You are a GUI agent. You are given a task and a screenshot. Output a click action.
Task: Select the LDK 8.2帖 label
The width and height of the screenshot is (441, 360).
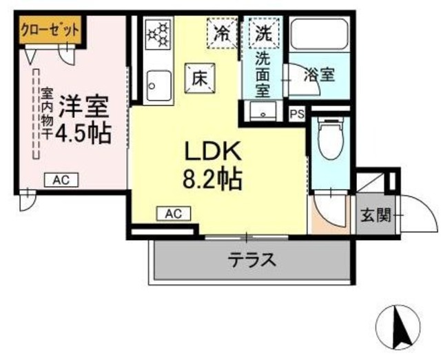[x=212, y=165]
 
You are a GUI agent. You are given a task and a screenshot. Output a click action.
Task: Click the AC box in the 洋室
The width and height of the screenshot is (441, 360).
[x=61, y=180]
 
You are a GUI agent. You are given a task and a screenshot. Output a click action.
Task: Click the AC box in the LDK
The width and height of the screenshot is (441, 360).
[x=172, y=214]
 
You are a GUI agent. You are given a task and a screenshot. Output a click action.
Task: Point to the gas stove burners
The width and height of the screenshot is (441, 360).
[x=158, y=34]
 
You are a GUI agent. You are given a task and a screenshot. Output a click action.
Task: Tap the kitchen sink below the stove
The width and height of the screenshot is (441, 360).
[x=158, y=85]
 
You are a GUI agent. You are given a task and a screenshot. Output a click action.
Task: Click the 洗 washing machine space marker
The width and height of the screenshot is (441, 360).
[x=263, y=32]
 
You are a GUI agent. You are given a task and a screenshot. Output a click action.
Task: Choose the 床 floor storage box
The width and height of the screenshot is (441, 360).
[x=199, y=77]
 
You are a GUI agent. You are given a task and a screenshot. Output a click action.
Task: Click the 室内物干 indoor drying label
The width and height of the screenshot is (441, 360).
[x=46, y=113]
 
